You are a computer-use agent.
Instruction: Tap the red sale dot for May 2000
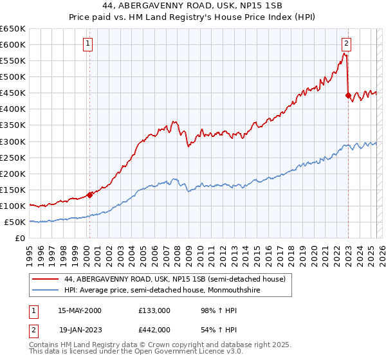(89, 195)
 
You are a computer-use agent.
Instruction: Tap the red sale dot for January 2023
(348, 95)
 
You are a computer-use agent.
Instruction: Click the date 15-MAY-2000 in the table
(80, 310)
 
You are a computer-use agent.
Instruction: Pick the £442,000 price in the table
(154, 329)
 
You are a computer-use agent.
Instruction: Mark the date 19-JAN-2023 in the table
(80, 329)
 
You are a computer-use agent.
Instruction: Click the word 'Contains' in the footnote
(44, 346)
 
